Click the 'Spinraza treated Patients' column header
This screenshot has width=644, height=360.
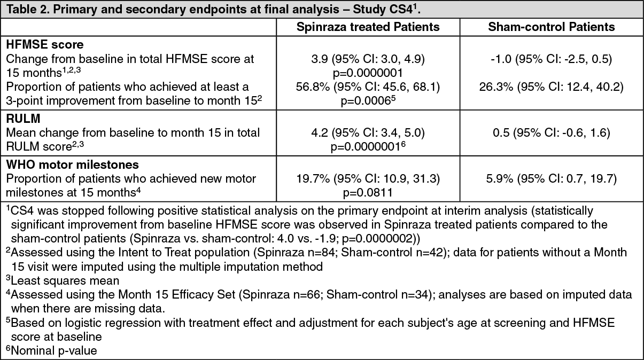pyautogui.click(x=368, y=26)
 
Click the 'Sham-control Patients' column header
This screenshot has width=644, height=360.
pyautogui.click(x=552, y=26)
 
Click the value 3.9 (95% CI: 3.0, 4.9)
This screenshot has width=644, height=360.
pyautogui.click(x=368, y=58)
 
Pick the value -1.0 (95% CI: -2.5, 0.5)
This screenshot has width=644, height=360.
pyautogui.click(x=552, y=58)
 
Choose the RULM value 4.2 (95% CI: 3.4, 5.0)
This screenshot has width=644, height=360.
pyautogui.click(x=368, y=132)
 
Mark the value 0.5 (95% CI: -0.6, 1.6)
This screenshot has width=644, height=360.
pyautogui.click(x=552, y=132)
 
